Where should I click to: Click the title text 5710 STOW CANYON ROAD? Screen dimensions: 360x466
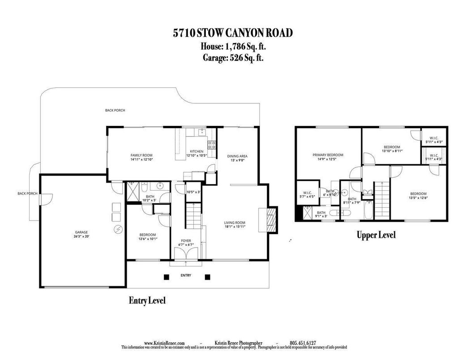233,33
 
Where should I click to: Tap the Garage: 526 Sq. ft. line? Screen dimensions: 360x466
233,57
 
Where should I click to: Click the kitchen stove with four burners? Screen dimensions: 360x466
212,144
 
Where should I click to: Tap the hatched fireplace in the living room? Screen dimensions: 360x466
270,219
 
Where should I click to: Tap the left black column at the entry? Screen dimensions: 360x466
167,277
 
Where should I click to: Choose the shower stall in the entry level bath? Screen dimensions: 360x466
133,193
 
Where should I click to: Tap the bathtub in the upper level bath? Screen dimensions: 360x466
368,210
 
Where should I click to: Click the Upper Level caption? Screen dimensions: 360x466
376,235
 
